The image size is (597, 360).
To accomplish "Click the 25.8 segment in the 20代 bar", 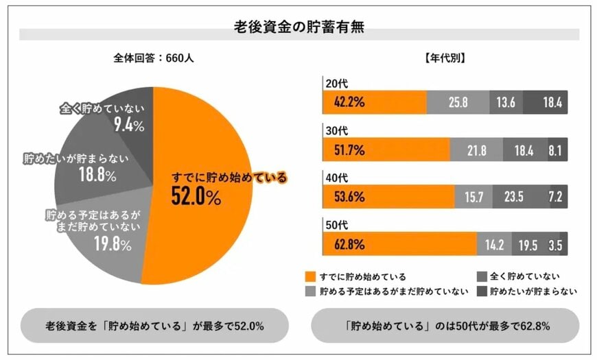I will (x=458, y=102).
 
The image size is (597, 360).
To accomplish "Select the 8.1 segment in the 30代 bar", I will (x=557, y=149).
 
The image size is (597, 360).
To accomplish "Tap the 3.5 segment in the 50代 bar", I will (x=559, y=243).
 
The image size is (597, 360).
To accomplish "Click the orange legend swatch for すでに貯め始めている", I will (x=310, y=276).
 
